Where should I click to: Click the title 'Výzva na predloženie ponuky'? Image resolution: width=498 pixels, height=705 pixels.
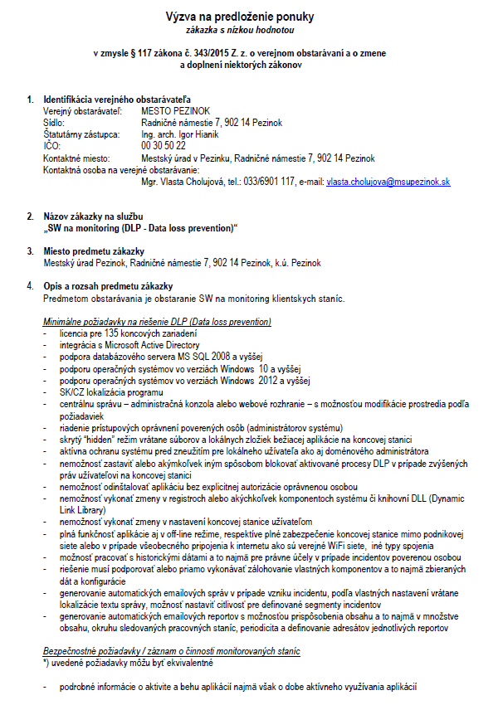coord(250,16)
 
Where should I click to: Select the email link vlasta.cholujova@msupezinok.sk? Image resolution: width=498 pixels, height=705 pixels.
coord(388,182)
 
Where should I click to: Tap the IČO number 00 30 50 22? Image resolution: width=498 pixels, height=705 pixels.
coord(164,146)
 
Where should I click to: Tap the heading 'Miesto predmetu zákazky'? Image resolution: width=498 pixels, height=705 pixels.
coord(94,251)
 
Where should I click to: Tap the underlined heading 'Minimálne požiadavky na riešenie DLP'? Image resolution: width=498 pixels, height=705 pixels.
coord(156,321)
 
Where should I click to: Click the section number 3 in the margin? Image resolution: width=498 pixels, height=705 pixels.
coord(31,251)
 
